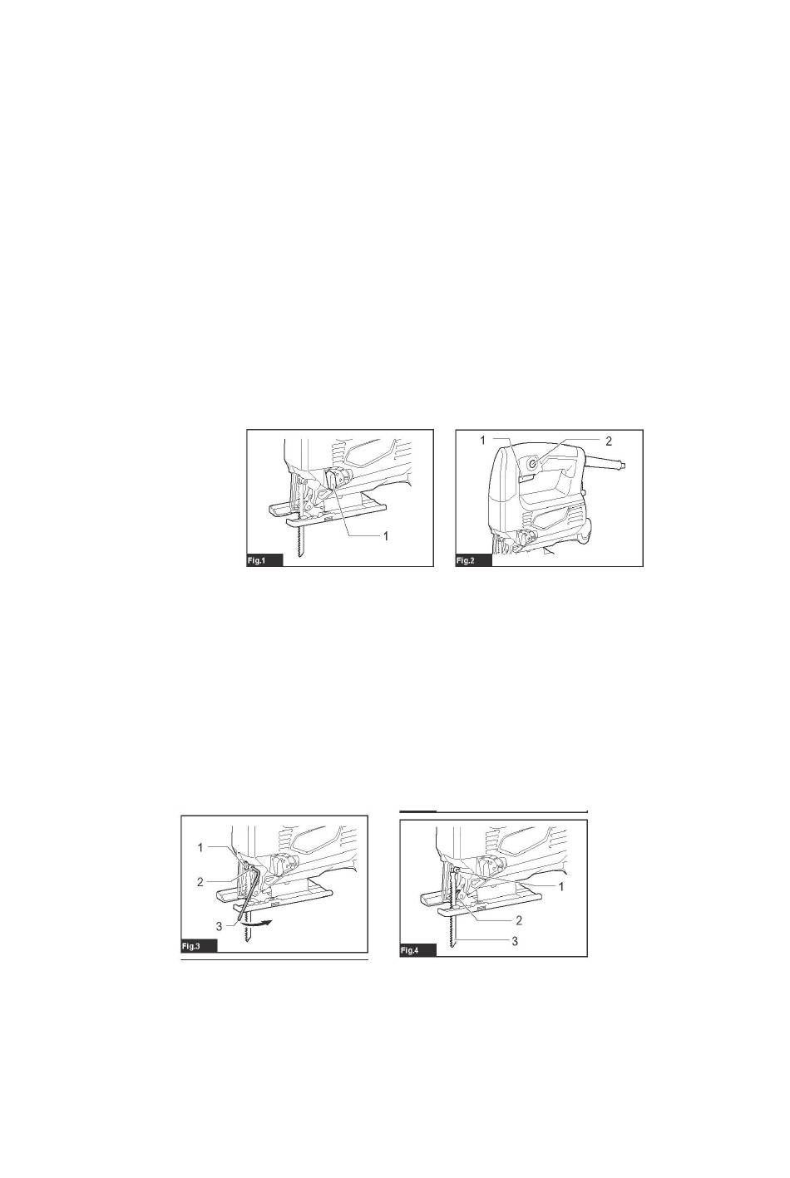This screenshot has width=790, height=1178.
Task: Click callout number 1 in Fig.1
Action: click(x=386, y=536)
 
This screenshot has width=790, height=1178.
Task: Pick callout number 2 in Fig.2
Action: click(x=609, y=441)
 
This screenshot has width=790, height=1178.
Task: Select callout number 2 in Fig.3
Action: click(x=200, y=882)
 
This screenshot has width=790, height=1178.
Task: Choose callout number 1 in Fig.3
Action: click(x=200, y=847)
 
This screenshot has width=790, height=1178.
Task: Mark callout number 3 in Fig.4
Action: click(x=515, y=941)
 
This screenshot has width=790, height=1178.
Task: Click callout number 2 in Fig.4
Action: click(x=519, y=920)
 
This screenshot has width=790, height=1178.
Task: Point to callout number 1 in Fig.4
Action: click(x=561, y=887)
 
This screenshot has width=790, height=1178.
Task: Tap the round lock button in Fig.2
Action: click(x=533, y=463)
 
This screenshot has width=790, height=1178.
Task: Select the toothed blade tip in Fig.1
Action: click(x=301, y=553)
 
